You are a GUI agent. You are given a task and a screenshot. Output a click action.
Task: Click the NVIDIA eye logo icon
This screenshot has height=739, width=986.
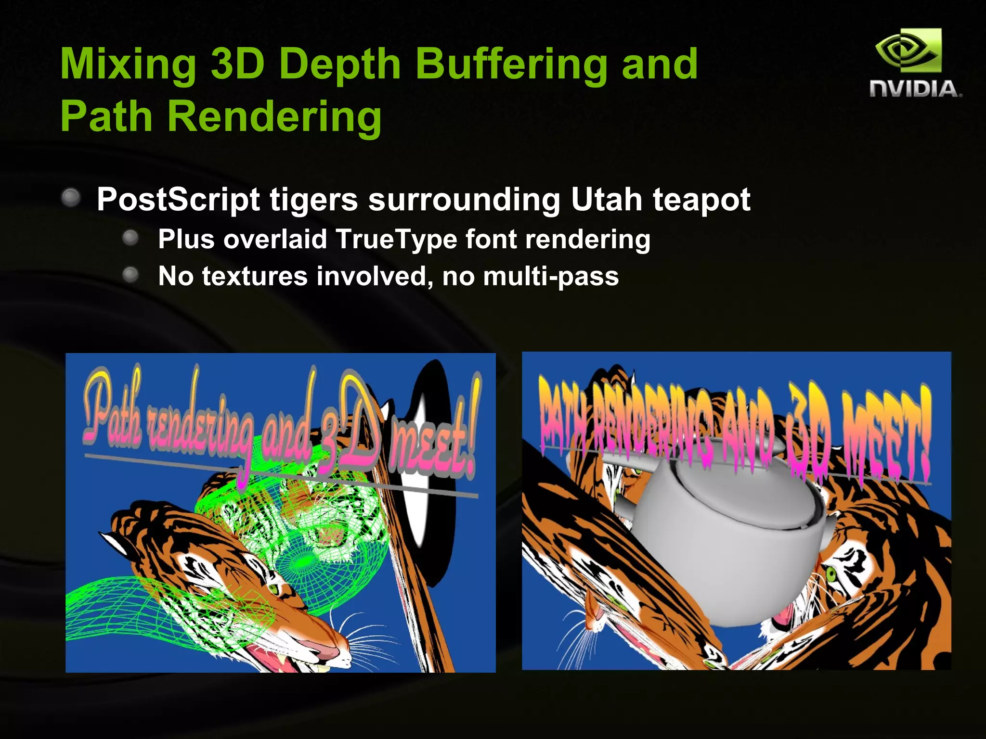tap(908, 51)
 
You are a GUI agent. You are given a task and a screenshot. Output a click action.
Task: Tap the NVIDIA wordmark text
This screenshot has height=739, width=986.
tap(915, 89)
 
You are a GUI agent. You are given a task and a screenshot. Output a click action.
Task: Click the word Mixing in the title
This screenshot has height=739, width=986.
tap(128, 65)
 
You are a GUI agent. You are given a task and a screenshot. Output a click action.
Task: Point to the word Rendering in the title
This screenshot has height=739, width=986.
tap(274, 117)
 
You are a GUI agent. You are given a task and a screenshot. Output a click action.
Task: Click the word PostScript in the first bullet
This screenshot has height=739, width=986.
tap(178, 200)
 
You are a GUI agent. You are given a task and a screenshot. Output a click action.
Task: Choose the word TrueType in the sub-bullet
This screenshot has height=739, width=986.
tap(395, 239)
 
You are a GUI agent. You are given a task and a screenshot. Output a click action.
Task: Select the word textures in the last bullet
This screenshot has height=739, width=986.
tap(254, 276)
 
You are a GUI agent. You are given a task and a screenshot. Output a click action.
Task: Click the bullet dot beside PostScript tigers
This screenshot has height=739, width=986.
tap(71, 198)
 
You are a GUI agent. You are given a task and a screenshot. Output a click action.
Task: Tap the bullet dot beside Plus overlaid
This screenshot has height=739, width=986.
tap(130, 238)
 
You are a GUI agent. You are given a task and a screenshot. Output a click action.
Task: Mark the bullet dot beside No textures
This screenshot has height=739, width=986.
tap(130, 275)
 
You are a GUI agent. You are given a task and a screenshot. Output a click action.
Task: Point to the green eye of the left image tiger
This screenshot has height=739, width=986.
tap(273, 588)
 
